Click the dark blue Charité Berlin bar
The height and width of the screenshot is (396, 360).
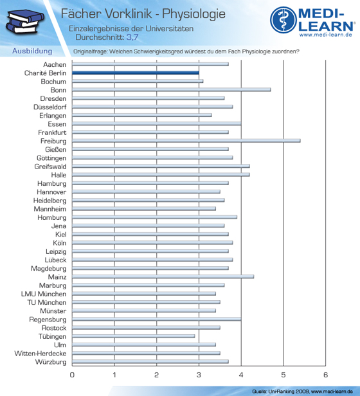tap(136, 73)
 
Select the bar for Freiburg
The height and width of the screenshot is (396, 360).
tap(186, 141)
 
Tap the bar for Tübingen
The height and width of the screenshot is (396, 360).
tap(133, 336)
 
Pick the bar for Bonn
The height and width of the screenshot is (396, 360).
tap(171, 89)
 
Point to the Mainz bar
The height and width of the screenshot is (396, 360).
tap(163, 276)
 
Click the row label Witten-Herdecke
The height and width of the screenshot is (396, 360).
tap(40, 354)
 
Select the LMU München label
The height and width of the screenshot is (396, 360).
tap(44, 294)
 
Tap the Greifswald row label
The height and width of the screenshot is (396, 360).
tap(50, 166)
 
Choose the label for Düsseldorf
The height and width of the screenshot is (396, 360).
tap(50, 107)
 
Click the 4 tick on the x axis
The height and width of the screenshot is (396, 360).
tap(241, 375)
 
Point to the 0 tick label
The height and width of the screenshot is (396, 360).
tap(72, 375)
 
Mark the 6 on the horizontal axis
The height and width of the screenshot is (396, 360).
tap(325, 375)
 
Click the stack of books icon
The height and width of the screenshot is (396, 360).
tap(25, 22)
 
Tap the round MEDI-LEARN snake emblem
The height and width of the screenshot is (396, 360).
tap(283, 20)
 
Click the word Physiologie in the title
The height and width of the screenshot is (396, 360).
tap(194, 14)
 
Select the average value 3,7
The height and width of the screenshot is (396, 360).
tap(132, 37)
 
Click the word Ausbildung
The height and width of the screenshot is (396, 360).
tap(32, 51)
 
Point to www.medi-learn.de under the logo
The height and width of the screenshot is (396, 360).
tap(325, 35)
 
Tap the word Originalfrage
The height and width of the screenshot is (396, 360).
tap(90, 51)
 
